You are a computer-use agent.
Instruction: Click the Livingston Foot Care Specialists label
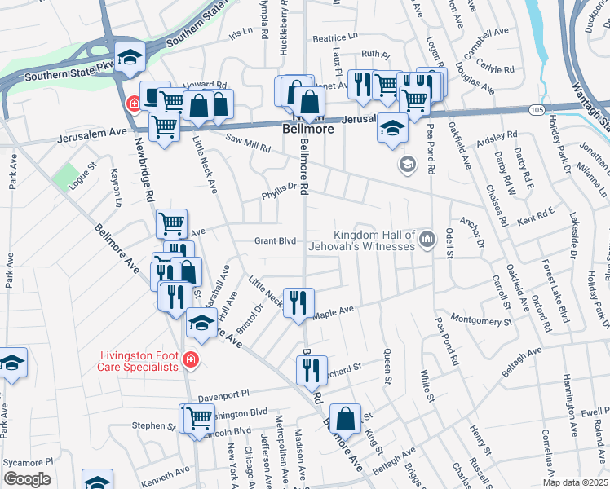pos(139,361)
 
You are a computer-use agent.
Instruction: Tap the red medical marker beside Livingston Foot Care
pos(190,359)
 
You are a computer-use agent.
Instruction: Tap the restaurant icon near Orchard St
pos(312,369)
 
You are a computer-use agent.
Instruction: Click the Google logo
pos(26,478)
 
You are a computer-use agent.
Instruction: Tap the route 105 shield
pos(535,108)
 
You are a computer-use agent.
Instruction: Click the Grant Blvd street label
pos(273,240)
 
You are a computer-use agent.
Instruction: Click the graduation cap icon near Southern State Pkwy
pos(129,56)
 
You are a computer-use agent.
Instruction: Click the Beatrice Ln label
pos(334,37)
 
